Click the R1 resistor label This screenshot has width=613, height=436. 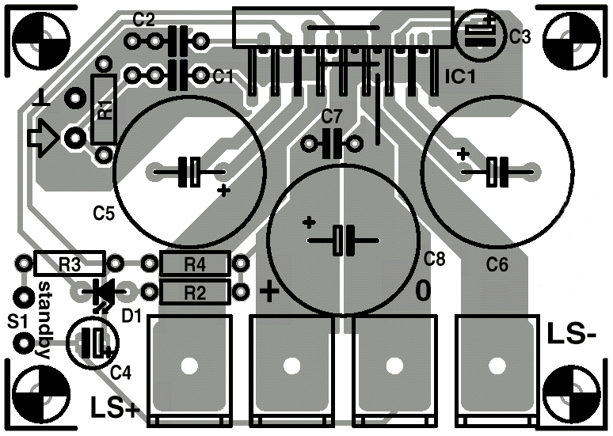point(105,110)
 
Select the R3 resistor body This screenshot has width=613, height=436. point(70,263)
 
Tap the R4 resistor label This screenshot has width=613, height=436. point(195,265)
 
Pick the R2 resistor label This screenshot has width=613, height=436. point(195,293)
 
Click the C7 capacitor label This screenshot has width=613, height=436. point(332,116)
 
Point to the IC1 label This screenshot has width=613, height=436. point(460,77)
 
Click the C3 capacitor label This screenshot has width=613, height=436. point(520,36)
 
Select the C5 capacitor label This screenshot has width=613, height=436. point(104,214)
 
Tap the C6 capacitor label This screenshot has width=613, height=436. point(497,265)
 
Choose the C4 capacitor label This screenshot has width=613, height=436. point(121,373)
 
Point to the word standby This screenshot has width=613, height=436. point(44,320)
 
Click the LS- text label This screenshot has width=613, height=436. point(572,334)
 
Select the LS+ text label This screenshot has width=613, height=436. point(116,407)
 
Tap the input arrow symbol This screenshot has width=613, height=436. point(43,138)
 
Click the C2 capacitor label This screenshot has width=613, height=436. point(144,20)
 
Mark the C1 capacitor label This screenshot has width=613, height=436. point(223,77)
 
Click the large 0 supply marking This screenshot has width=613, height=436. point(423,290)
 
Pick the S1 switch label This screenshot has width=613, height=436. point(18,321)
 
